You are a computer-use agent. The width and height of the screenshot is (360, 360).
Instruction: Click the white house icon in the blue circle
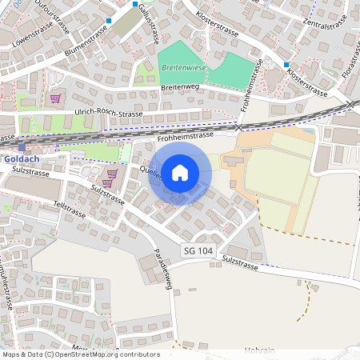point(180,173)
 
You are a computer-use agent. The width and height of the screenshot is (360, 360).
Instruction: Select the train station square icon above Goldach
point(22,146)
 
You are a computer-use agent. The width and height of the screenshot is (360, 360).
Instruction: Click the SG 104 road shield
point(198,250)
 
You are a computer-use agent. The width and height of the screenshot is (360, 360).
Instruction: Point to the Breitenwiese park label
point(182,69)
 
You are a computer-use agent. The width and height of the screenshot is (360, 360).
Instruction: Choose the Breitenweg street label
point(178,86)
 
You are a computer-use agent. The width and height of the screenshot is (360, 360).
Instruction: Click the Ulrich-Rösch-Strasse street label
point(107,114)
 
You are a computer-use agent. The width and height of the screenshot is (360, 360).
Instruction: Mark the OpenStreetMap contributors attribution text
point(81,354)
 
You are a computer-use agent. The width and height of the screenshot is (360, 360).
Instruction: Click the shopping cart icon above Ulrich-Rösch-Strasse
point(55,98)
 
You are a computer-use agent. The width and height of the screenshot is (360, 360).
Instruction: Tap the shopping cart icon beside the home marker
point(112,173)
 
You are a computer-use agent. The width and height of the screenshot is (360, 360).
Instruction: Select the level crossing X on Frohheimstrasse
point(238,126)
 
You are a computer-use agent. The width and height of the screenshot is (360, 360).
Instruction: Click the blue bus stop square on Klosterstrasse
point(286,64)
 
